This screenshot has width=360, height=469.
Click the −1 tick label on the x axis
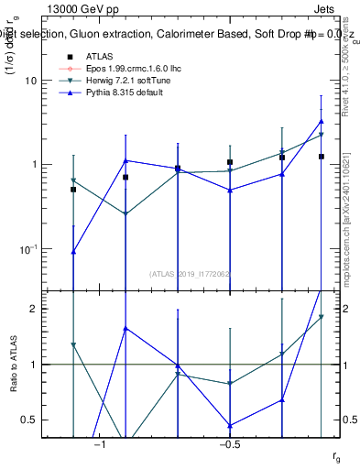click(100, 445)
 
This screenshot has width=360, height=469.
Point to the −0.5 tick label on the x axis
click(229, 445)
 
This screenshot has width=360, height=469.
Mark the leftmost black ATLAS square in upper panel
click(73, 190)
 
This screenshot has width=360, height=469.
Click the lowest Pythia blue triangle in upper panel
click(73, 251)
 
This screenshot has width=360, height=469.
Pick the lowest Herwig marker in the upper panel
click(125, 214)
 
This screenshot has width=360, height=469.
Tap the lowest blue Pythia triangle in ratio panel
click(230, 425)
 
